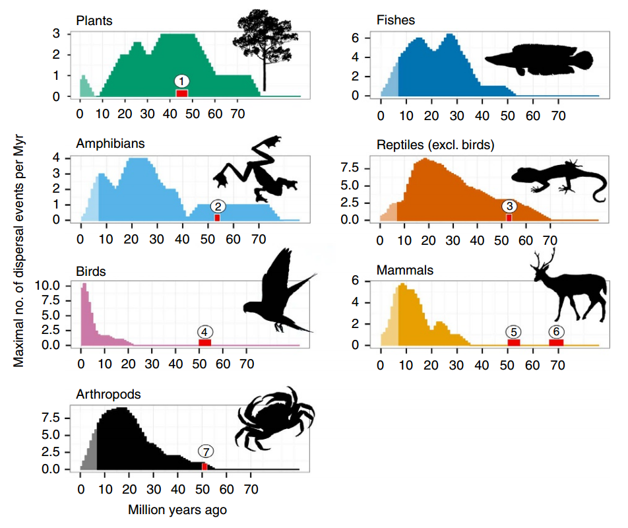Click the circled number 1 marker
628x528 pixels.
pyautogui.click(x=182, y=81)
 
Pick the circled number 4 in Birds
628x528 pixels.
pyautogui.click(x=205, y=331)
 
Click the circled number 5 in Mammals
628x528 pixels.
pyautogui.click(x=514, y=331)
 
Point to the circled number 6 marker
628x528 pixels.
pyautogui.click(x=557, y=331)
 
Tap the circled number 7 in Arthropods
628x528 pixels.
pyautogui.click(x=205, y=451)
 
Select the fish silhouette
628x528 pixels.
pyautogui.click(x=538, y=59)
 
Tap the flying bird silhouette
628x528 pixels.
pyautogui.click(x=280, y=294)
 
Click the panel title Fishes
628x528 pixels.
pyautogui.click(x=395, y=20)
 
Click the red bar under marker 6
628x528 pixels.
pyautogui.click(x=557, y=342)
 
